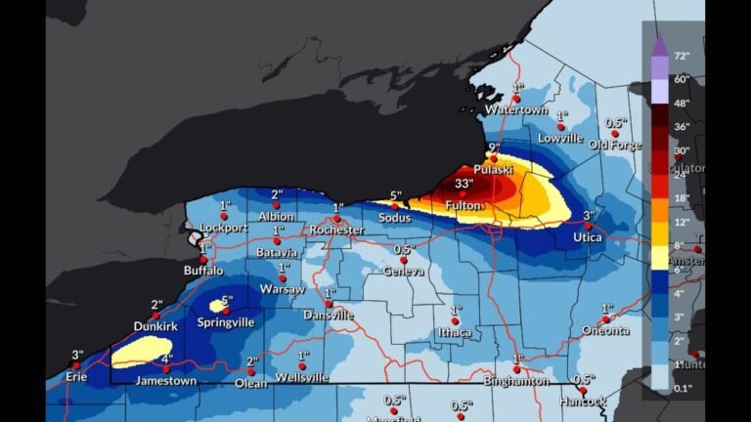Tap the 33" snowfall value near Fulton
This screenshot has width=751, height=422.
(x=464, y=183)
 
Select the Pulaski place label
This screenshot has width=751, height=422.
(x=494, y=170)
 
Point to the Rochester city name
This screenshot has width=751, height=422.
(x=336, y=230)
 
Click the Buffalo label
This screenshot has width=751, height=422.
(x=203, y=271)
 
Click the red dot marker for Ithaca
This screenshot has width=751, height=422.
(x=455, y=320)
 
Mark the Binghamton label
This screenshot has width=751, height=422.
(x=515, y=381)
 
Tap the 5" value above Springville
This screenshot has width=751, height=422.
(x=227, y=300)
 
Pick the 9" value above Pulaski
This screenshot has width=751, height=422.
(x=494, y=148)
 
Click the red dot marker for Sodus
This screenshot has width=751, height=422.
(x=395, y=206)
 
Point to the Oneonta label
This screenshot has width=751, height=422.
(x=606, y=330)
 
